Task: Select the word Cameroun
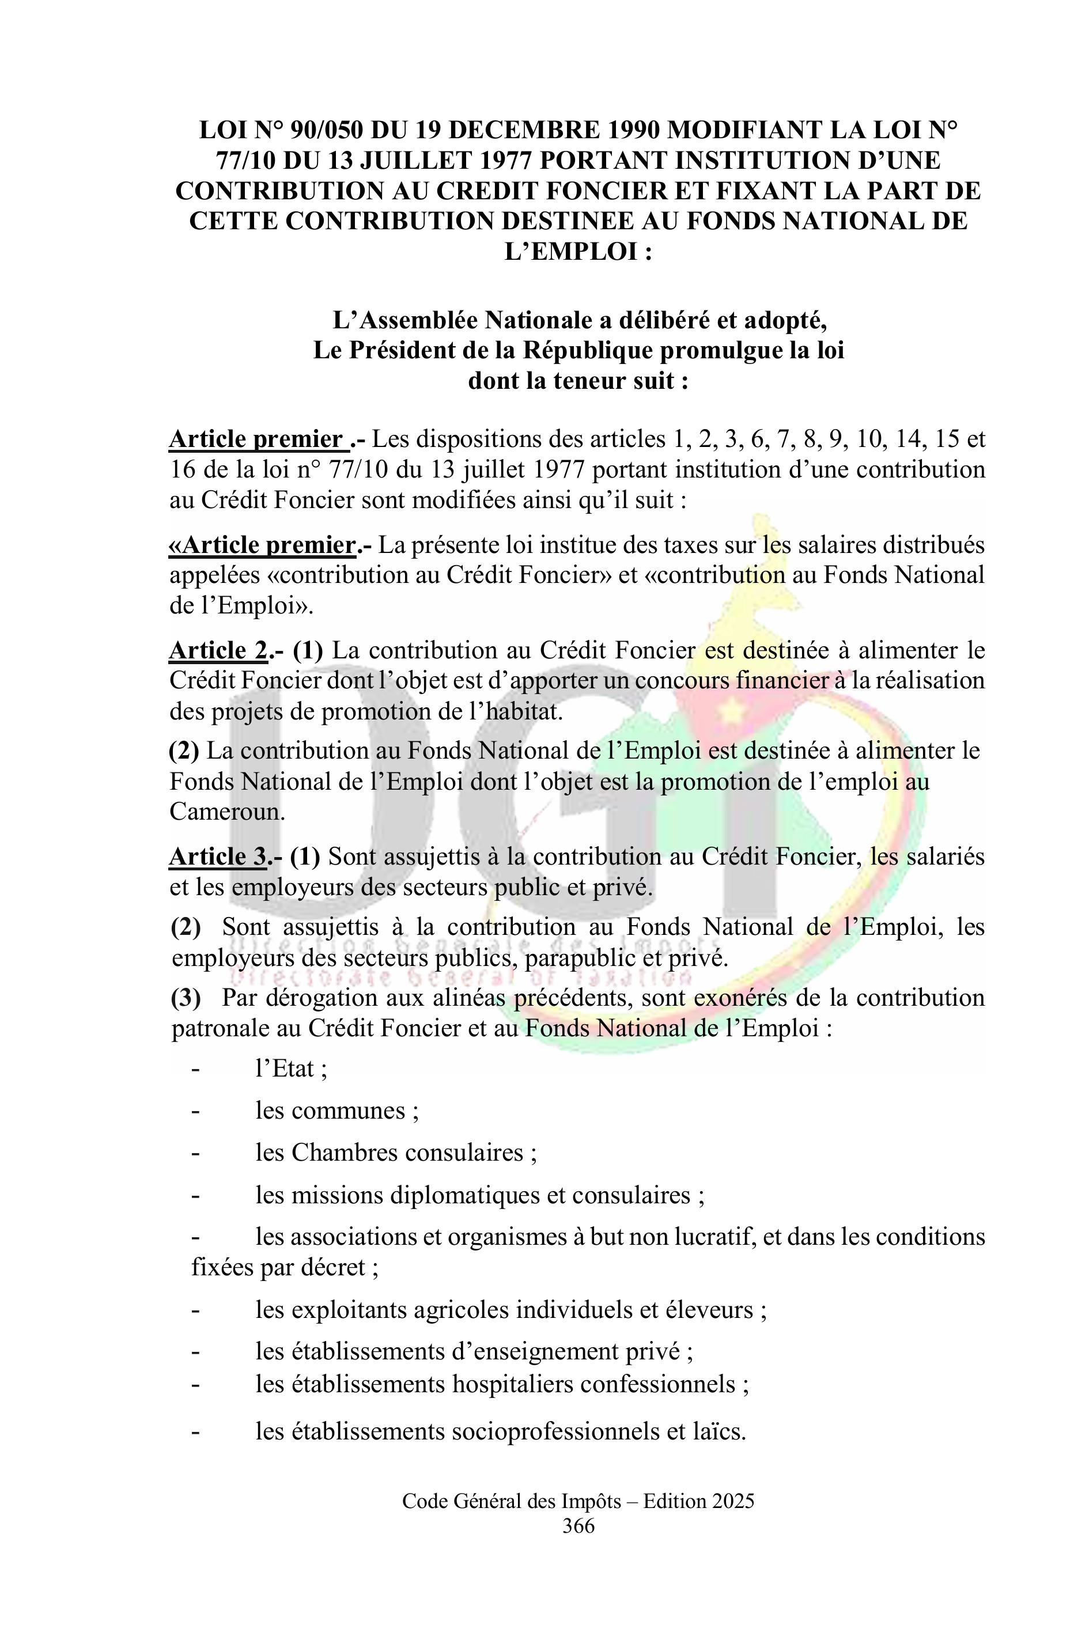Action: coord(226,812)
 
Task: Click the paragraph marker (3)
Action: coord(186,998)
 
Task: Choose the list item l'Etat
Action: coord(291,1069)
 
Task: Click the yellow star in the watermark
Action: coord(731,709)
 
